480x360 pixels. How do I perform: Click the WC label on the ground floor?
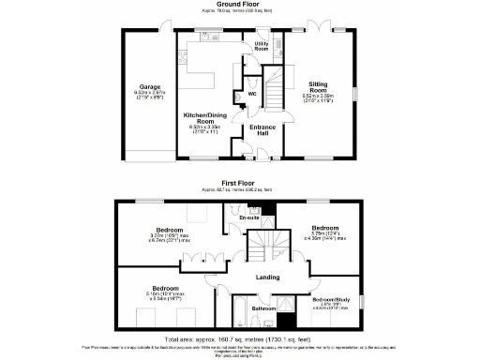pos(251,94)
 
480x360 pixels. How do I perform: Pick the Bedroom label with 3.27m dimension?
pos(170,230)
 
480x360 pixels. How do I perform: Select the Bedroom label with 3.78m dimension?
pos(325,229)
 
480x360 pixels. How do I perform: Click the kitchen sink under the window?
pos(201,41)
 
